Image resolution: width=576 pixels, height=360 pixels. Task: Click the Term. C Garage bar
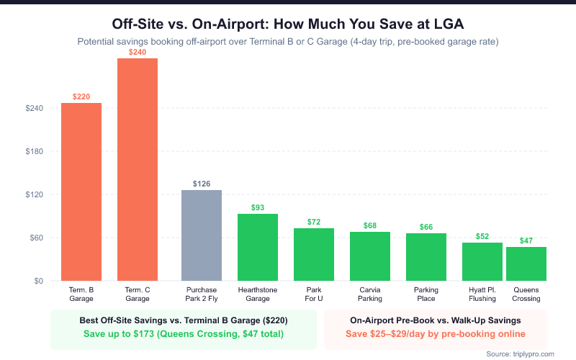[x=138, y=169]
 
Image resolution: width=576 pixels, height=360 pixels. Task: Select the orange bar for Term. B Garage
[x=81, y=192]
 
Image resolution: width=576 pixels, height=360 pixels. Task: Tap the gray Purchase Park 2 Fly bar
[x=202, y=235]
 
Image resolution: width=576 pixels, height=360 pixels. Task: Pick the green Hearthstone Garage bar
[x=258, y=247]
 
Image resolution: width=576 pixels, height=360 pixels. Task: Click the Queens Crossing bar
[x=526, y=264]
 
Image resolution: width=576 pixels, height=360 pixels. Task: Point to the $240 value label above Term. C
[x=138, y=52]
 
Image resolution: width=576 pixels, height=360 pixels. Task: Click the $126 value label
[x=202, y=184]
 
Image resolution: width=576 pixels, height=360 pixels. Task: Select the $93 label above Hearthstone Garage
[x=258, y=207]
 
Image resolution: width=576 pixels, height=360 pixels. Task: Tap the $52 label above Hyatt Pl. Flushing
[x=482, y=236]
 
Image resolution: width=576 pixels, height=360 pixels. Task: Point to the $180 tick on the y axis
[x=34, y=151]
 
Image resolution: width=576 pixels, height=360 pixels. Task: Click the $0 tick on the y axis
[x=38, y=281]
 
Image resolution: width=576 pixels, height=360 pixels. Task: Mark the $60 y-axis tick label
[x=36, y=238]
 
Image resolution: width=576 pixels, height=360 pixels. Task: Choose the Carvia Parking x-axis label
[x=370, y=294]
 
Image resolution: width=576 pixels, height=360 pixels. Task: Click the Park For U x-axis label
[x=314, y=294]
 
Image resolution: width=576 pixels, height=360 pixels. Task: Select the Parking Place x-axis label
[x=426, y=294]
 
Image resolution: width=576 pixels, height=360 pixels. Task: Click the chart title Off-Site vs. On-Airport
[x=288, y=23]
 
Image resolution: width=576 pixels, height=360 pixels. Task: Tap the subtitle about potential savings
[x=288, y=41]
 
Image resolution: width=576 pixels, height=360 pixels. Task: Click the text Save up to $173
[x=183, y=334]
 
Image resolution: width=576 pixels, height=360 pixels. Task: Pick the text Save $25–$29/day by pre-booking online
[x=436, y=334]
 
